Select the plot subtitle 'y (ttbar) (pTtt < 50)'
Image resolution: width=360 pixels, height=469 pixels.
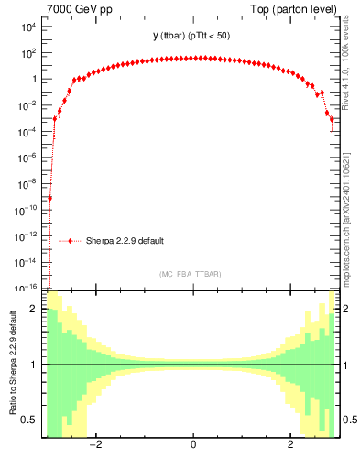click(x=192, y=36)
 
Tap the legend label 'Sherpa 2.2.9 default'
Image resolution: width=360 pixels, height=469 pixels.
click(x=125, y=241)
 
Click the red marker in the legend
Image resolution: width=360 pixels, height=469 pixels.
click(x=71, y=241)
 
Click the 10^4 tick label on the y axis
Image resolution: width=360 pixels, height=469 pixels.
click(x=27, y=27)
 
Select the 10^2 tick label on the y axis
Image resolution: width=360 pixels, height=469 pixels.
click(x=27, y=53)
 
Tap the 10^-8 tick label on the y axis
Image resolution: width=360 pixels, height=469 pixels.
click(x=25, y=183)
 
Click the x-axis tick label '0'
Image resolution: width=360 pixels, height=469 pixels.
click(x=192, y=446)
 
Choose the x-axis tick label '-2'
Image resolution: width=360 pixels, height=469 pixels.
click(x=94, y=446)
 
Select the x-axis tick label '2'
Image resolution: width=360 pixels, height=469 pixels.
click(x=290, y=446)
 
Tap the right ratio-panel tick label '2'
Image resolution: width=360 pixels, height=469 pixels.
click(x=347, y=309)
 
